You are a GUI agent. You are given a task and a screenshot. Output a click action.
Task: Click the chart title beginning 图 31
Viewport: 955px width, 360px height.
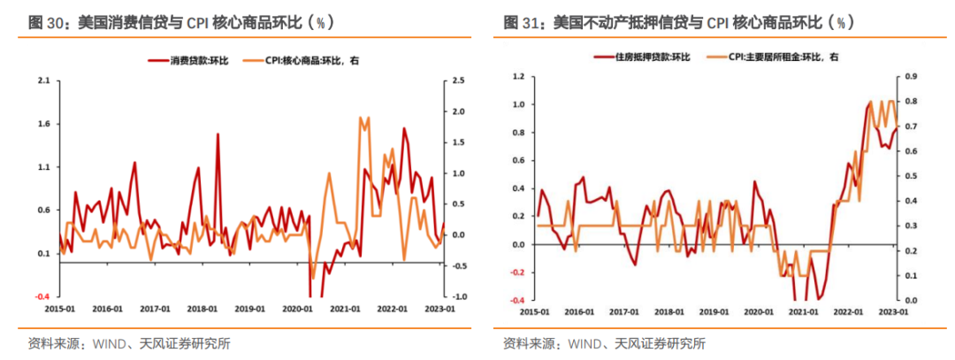[x=673, y=21]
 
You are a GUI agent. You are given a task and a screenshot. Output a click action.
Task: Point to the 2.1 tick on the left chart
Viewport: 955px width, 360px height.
[x=43, y=80]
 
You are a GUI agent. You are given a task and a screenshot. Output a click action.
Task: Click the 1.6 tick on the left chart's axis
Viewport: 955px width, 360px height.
[x=43, y=124]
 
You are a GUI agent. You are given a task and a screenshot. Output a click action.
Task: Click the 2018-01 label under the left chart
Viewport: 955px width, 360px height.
[x=202, y=310]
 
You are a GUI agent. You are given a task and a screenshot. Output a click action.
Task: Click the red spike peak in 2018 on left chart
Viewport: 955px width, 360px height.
[x=218, y=134]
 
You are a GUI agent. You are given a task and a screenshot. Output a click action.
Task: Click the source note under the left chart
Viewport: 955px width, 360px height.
[x=123, y=343]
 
